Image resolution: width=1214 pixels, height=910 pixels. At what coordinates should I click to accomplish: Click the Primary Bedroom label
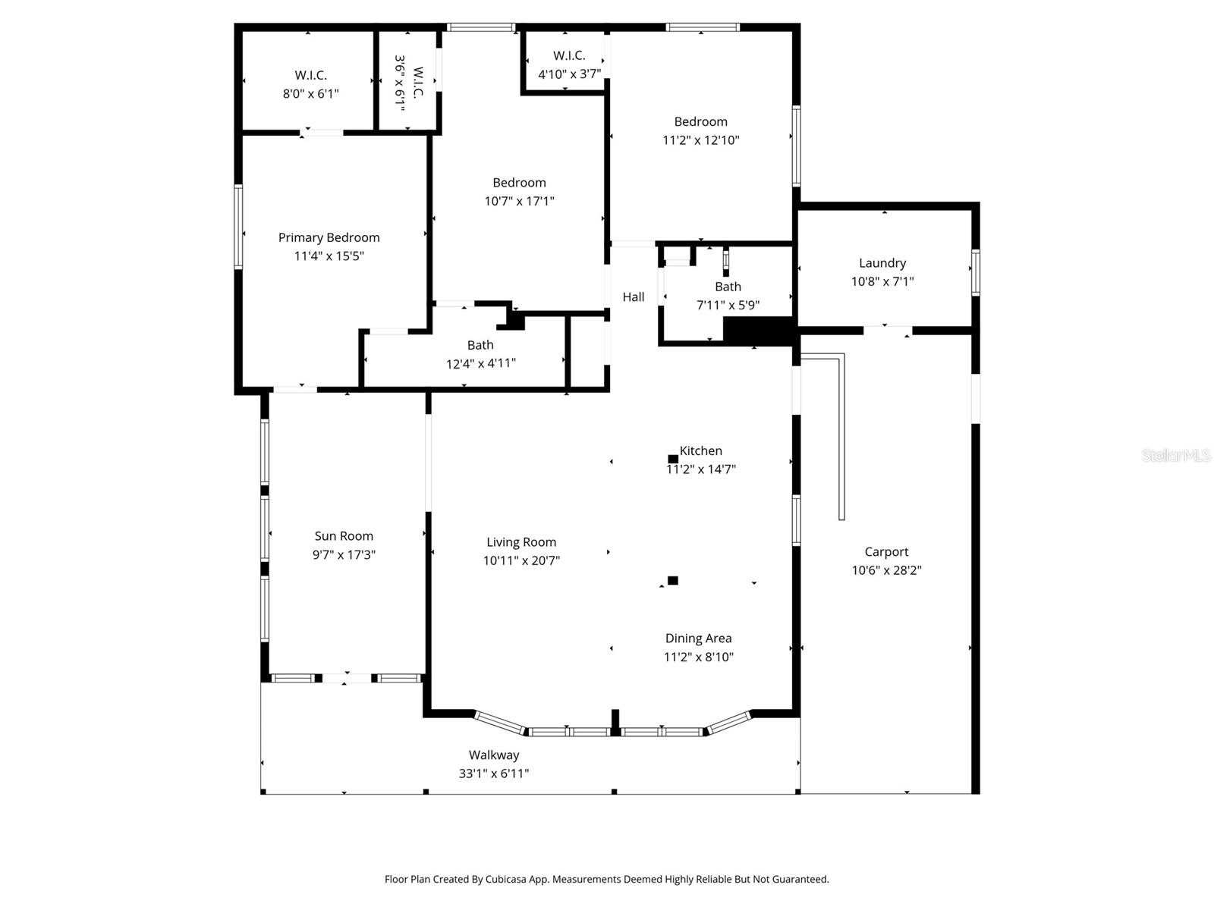[329, 237]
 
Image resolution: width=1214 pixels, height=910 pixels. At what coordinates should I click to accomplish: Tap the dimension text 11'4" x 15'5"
[329, 256]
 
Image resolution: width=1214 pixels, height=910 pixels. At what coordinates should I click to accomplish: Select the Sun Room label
[344, 536]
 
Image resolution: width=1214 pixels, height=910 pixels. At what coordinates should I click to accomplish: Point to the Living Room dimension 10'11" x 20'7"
[521, 561]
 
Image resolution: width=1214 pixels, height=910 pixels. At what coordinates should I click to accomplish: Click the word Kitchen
[701, 450]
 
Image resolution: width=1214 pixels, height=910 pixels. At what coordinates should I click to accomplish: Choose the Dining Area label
[698, 639]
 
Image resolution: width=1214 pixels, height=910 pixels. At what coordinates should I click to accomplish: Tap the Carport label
[886, 552]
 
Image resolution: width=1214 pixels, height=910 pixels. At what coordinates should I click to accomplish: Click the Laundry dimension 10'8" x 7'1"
[882, 282]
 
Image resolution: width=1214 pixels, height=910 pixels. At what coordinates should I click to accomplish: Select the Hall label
[634, 297]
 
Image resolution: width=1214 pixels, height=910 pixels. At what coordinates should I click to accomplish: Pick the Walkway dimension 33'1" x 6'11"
[493, 773]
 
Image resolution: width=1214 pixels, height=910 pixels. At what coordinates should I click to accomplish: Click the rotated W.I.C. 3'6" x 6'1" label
[408, 83]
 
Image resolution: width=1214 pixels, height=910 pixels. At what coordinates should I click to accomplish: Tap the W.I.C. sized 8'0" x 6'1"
[310, 84]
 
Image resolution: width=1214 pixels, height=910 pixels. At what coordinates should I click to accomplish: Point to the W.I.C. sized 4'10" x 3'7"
[569, 64]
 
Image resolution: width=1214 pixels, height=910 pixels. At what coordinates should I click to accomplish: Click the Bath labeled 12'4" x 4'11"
[480, 354]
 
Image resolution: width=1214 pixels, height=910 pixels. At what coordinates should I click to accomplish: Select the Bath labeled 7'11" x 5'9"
[728, 296]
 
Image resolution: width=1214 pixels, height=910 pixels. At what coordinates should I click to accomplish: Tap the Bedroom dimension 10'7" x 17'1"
[519, 201]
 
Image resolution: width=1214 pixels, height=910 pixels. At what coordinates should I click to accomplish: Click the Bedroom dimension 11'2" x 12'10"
[700, 140]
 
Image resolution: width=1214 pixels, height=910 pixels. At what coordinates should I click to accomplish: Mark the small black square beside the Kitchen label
[672, 459]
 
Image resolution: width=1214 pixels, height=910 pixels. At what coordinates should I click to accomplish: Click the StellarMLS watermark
[1175, 455]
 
